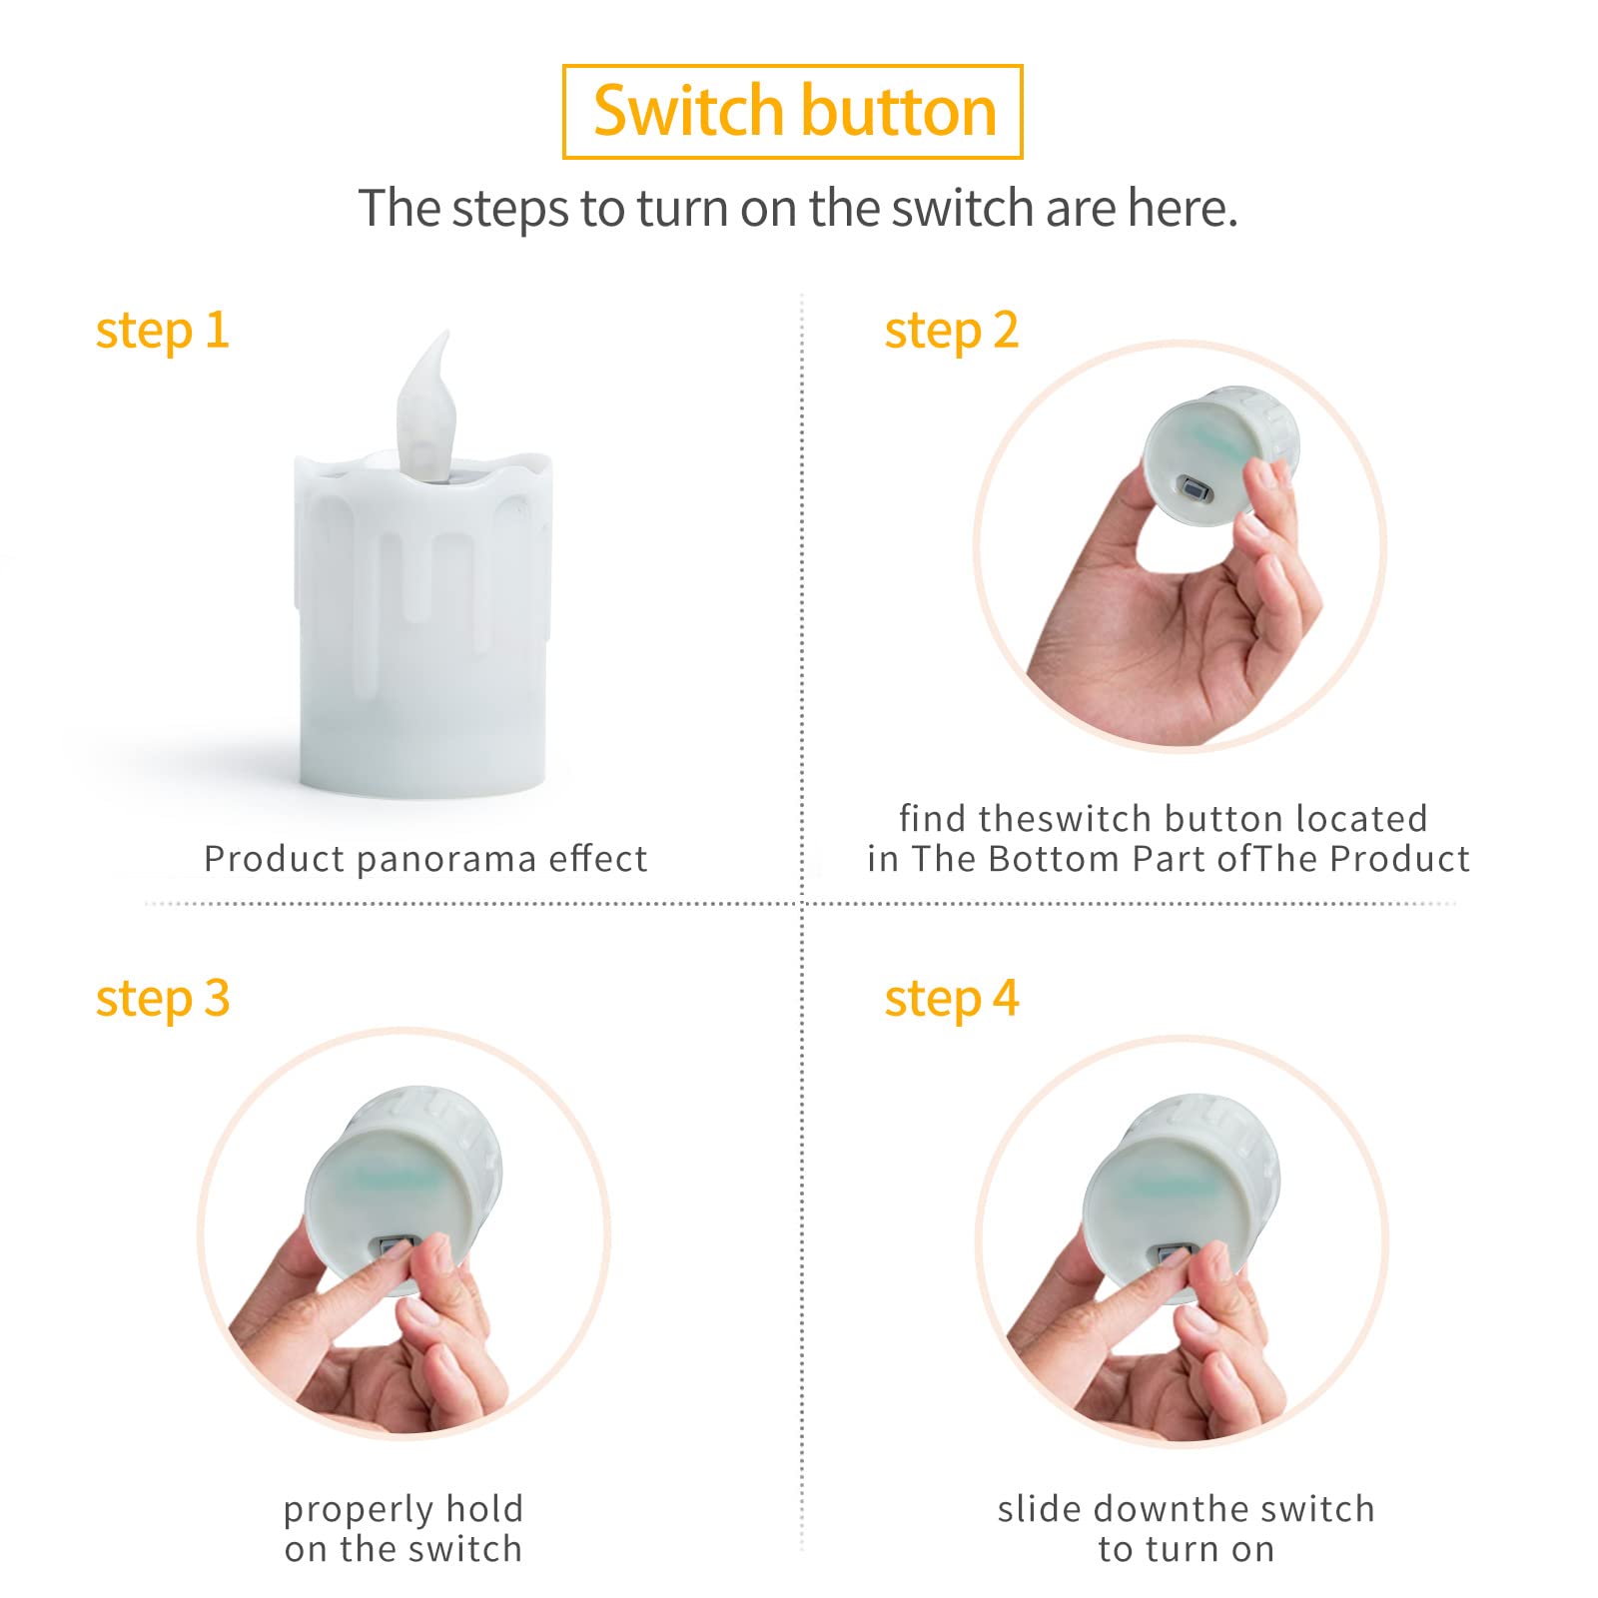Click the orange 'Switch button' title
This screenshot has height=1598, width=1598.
pyautogui.click(x=794, y=111)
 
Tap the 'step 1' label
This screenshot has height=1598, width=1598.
pyautogui.click(x=163, y=331)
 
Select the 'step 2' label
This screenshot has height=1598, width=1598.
pyautogui.click(x=951, y=331)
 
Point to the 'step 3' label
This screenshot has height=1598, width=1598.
pyautogui.click(x=163, y=999)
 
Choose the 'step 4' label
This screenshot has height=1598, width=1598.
pyautogui.click(x=951, y=999)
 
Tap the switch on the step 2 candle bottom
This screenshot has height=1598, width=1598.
pyautogui.click(x=1196, y=491)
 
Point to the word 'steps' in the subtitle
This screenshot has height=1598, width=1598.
pyautogui.click(x=511, y=210)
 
